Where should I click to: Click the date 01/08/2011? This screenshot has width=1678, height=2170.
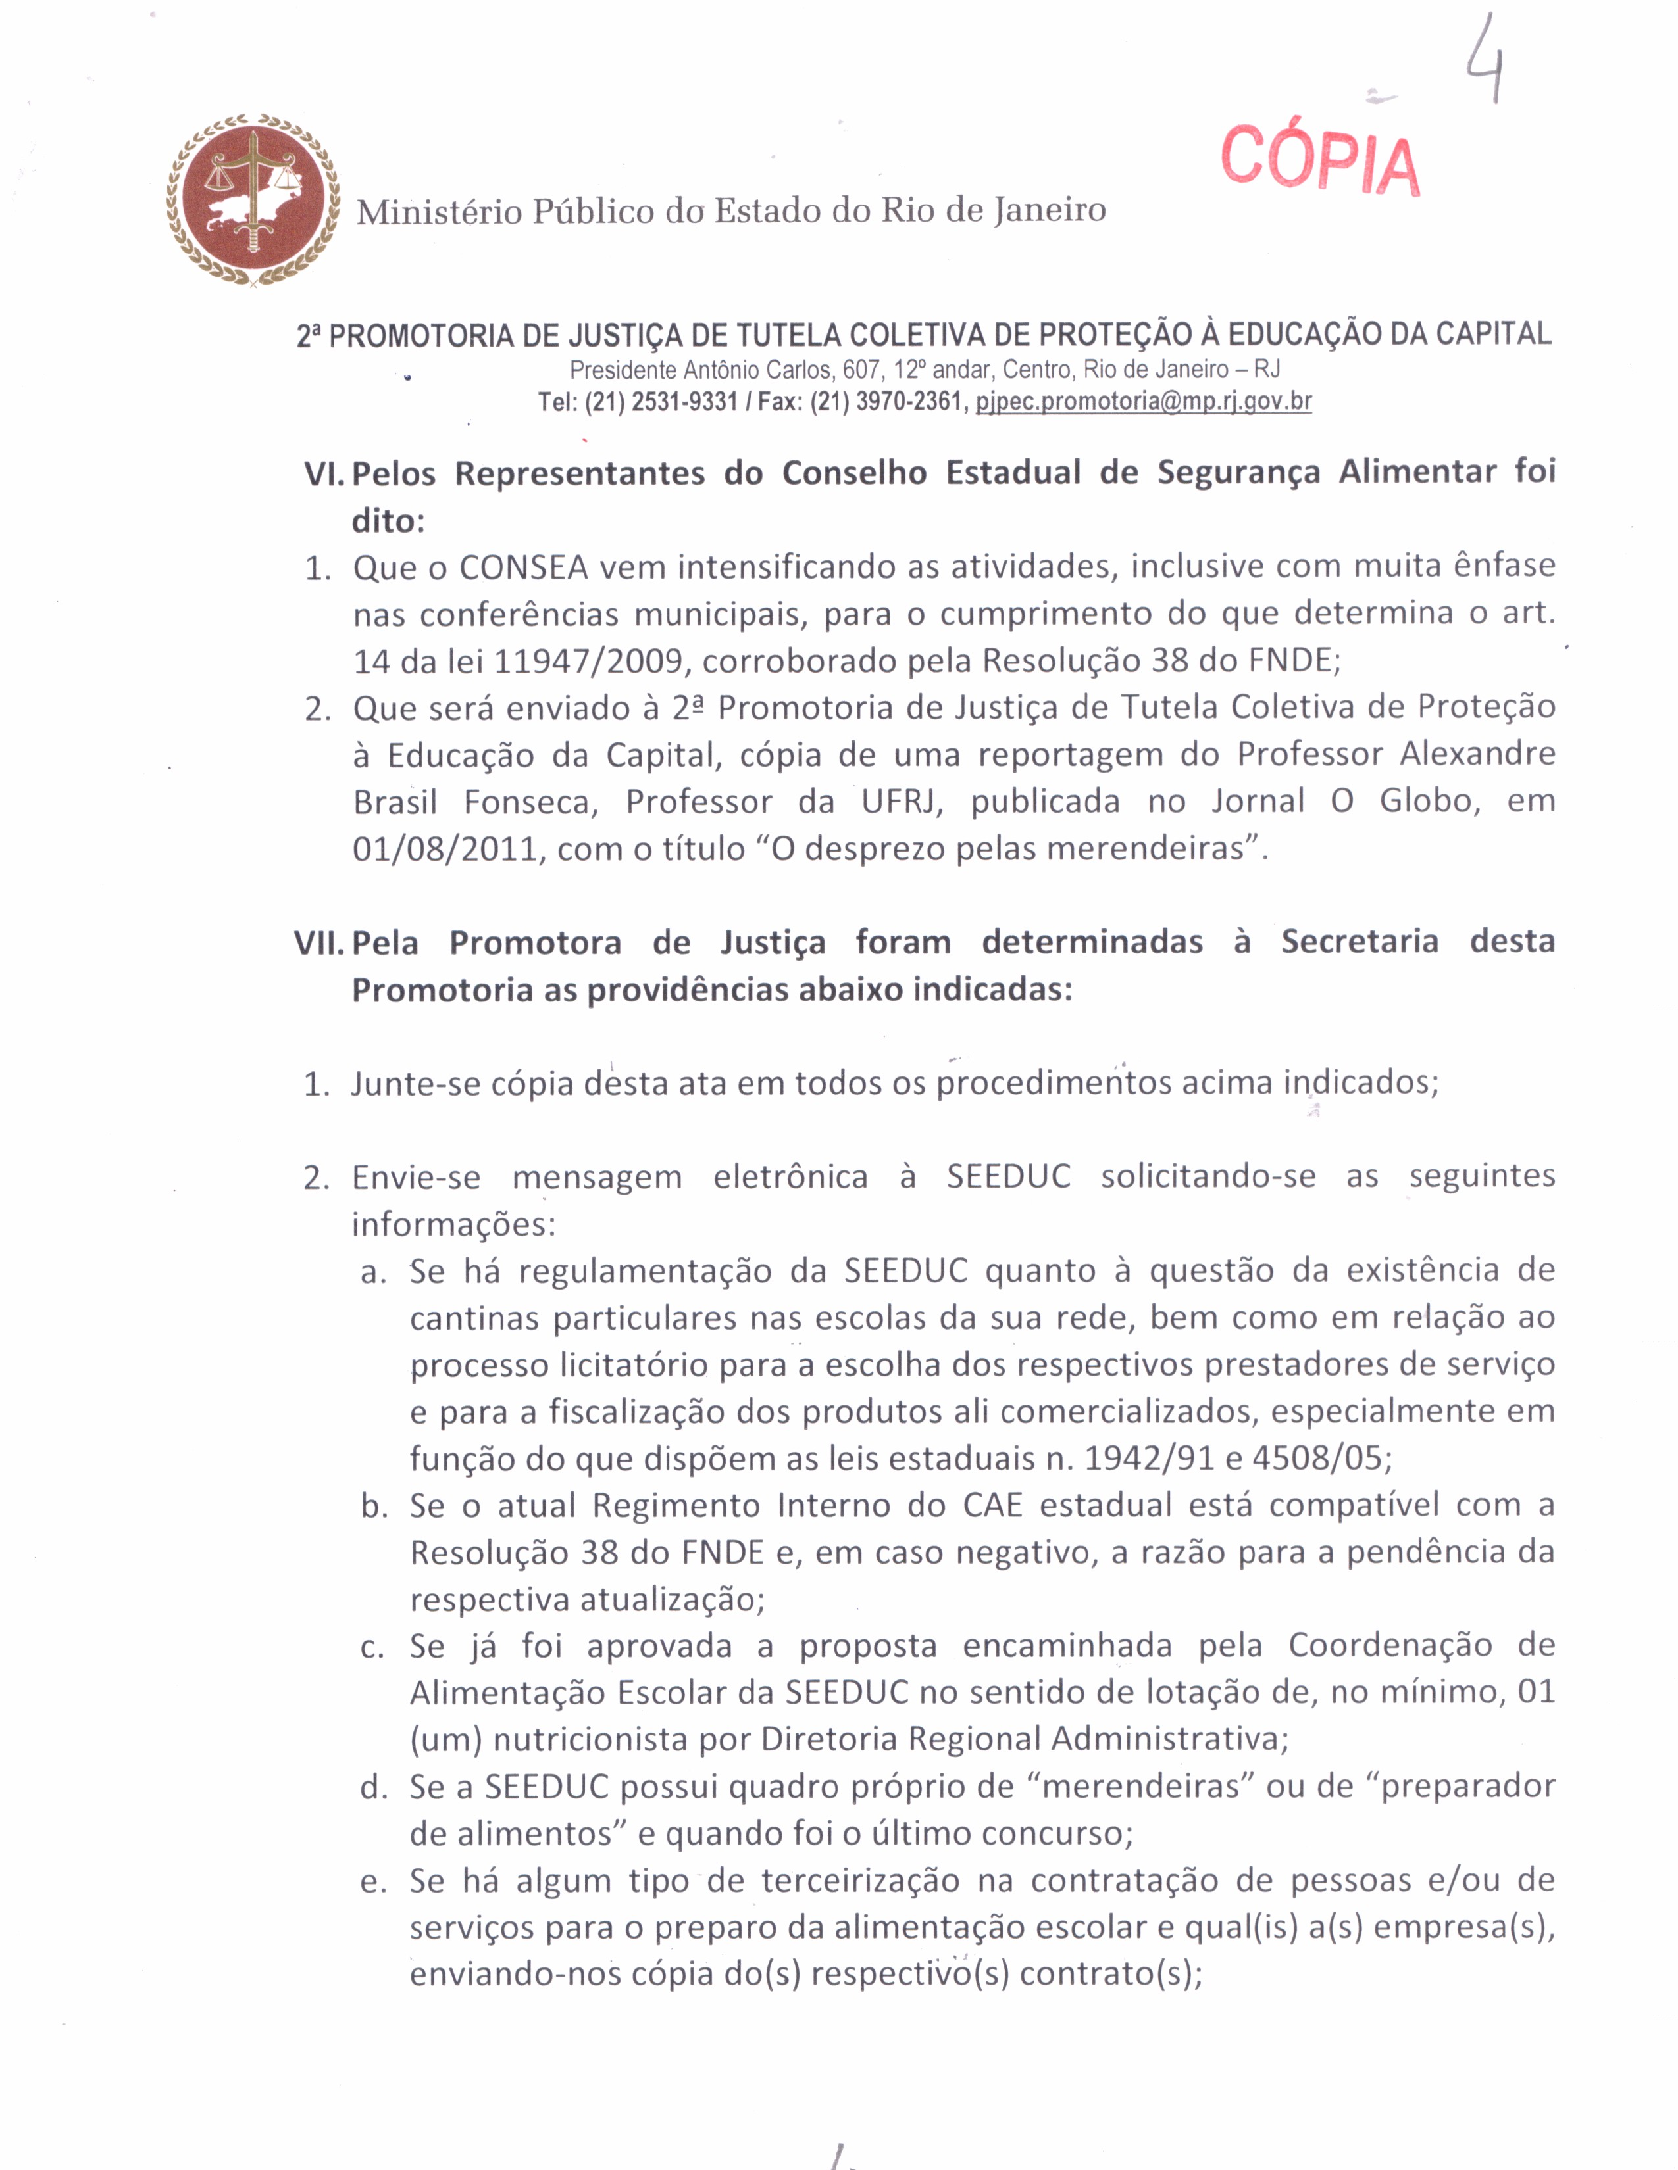444,850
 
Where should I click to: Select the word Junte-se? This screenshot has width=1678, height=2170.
413,1083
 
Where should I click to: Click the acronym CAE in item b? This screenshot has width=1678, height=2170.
992,1505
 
